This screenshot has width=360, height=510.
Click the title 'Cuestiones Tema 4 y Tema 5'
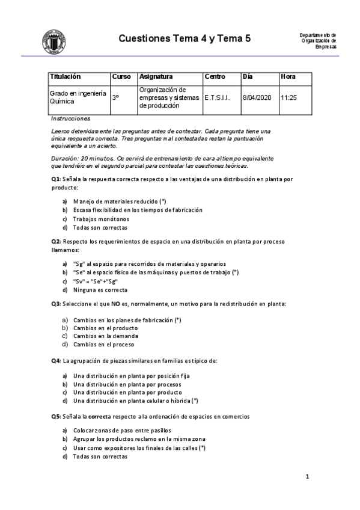click(185, 39)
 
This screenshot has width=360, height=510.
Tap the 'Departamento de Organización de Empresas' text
click(318, 41)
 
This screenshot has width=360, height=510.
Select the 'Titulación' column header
click(66, 77)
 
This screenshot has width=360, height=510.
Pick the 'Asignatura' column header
click(156, 77)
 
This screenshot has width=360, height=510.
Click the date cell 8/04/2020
click(257, 97)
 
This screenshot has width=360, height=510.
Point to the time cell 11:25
click(289, 97)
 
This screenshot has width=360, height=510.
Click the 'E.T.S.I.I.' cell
click(217, 97)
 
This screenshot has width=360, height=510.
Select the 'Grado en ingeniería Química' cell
click(78, 97)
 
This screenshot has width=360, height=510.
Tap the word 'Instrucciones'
click(71, 118)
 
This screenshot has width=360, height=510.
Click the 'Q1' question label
click(55, 179)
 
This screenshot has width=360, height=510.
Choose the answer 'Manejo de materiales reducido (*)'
click(120, 201)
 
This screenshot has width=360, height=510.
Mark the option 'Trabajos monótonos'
click(100, 219)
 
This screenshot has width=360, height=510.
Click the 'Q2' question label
click(55, 241)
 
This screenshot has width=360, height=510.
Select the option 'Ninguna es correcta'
click(100, 290)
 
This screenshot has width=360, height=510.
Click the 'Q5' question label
click(55, 416)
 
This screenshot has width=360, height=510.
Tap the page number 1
click(307, 478)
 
